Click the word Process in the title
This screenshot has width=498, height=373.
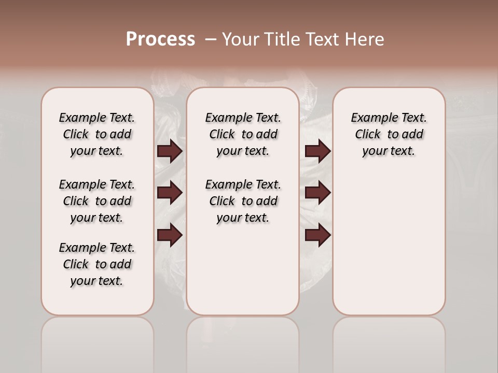click(x=160, y=39)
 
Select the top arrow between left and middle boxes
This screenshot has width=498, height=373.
click(x=170, y=151)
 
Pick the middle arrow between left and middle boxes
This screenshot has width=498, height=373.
click(x=170, y=193)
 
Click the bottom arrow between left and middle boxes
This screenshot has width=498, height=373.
click(x=170, y=235)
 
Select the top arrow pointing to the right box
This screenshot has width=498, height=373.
click(x=317, y=151)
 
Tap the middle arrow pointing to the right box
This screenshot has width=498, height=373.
click(x=317, y=193)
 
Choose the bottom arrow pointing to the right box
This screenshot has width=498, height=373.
click(x=317, y=235)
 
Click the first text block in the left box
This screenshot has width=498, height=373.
click(x=97, y=134)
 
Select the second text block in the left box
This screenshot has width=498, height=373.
click(x=97, y=201)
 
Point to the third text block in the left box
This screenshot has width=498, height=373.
click(x=97, y=264)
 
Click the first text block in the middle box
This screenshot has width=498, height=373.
click(x=243, y=134)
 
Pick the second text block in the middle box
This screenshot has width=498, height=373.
click(x=243, y=201)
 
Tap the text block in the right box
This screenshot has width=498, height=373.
click(x=389, y=134)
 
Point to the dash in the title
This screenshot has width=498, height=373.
click(x=211, y=39)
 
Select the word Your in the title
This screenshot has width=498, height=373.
click(x=240, y=39)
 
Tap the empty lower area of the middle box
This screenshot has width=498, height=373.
click(x=243, y=269)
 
